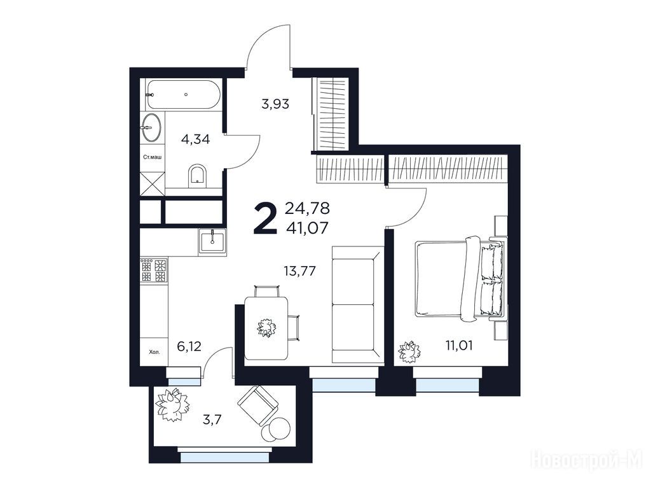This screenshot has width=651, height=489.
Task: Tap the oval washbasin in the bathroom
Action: click(x=151, y=127)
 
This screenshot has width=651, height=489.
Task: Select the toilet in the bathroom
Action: click(x=197, y=176)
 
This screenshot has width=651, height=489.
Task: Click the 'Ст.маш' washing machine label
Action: click(x=152, y=157)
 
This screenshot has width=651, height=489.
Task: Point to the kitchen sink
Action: click(x=212, y=241)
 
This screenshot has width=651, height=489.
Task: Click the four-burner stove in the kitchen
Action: click(x=154, y=270)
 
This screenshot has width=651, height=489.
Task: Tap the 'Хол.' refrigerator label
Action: click(x=154, y=352)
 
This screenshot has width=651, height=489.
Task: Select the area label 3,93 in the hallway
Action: click(x=275, y=104)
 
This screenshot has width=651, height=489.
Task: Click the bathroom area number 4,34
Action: click(x=196, y=139)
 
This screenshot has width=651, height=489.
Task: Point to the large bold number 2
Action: click(x=265, y=218)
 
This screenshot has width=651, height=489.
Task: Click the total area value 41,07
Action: click(x=307, y=227)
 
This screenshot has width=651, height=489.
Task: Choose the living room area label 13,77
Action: click(x=300, y=271)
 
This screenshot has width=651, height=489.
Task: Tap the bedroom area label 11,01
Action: click(x=459, y=345)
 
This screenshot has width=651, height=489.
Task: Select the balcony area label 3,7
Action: click(x=212, y=420)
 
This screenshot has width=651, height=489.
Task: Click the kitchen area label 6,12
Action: click(x=189, y=346)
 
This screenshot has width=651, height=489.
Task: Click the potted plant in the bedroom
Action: click(x=409, y=351)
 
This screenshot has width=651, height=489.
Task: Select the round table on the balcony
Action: click(x=275, y=427)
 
